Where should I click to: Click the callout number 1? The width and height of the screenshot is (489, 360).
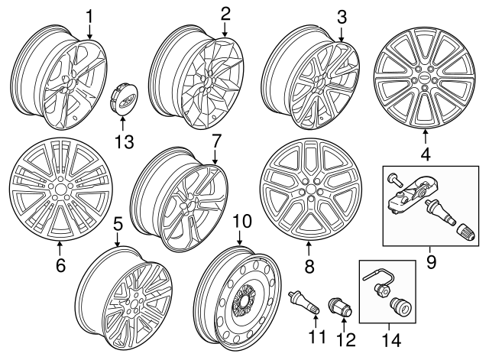[x=90, y=16]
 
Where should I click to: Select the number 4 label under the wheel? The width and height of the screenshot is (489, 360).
[x=425, y=154]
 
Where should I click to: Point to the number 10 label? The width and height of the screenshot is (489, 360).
[x=241, y=222]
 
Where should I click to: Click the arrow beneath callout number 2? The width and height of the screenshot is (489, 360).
[x=225, y=31]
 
